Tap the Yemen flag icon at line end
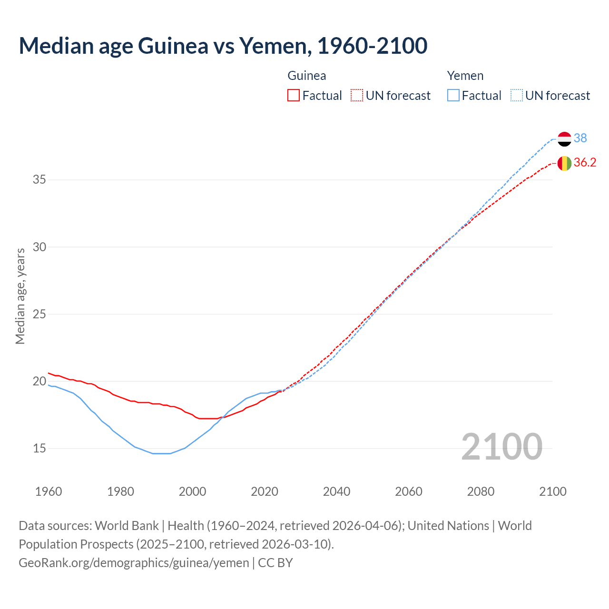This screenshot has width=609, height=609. [x=564, y=139]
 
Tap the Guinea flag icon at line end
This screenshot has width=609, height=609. [x=564, y=163]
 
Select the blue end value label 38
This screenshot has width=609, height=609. [x=580, y=138]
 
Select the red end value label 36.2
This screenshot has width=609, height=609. [x=585, y=163]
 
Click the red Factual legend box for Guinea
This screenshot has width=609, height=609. [x=294, y=96]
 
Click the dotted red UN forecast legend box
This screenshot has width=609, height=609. [x=357, y=96]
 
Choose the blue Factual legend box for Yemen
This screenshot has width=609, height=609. [x=453, y=96]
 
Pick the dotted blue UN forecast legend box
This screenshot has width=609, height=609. [x=517, y=96]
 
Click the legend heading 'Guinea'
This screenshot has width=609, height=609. [x=307, y=76]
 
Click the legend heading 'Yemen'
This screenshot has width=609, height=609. [x=465, y=76]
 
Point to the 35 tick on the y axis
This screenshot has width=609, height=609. [x=39, y=180]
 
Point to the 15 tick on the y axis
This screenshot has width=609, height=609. [x=39, y=448]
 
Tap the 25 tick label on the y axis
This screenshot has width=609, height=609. [x=39, y=314]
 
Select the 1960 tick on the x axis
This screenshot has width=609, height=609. [x=49, y=491]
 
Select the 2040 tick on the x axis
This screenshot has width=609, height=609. [x=336, y=491]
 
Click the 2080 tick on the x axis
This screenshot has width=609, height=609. [x=481, y=491]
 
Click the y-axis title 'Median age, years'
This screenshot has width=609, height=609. [x=20, y=296]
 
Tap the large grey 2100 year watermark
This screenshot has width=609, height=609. [x=501, y=446]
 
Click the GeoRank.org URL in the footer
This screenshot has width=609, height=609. [x=134, y=563]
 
